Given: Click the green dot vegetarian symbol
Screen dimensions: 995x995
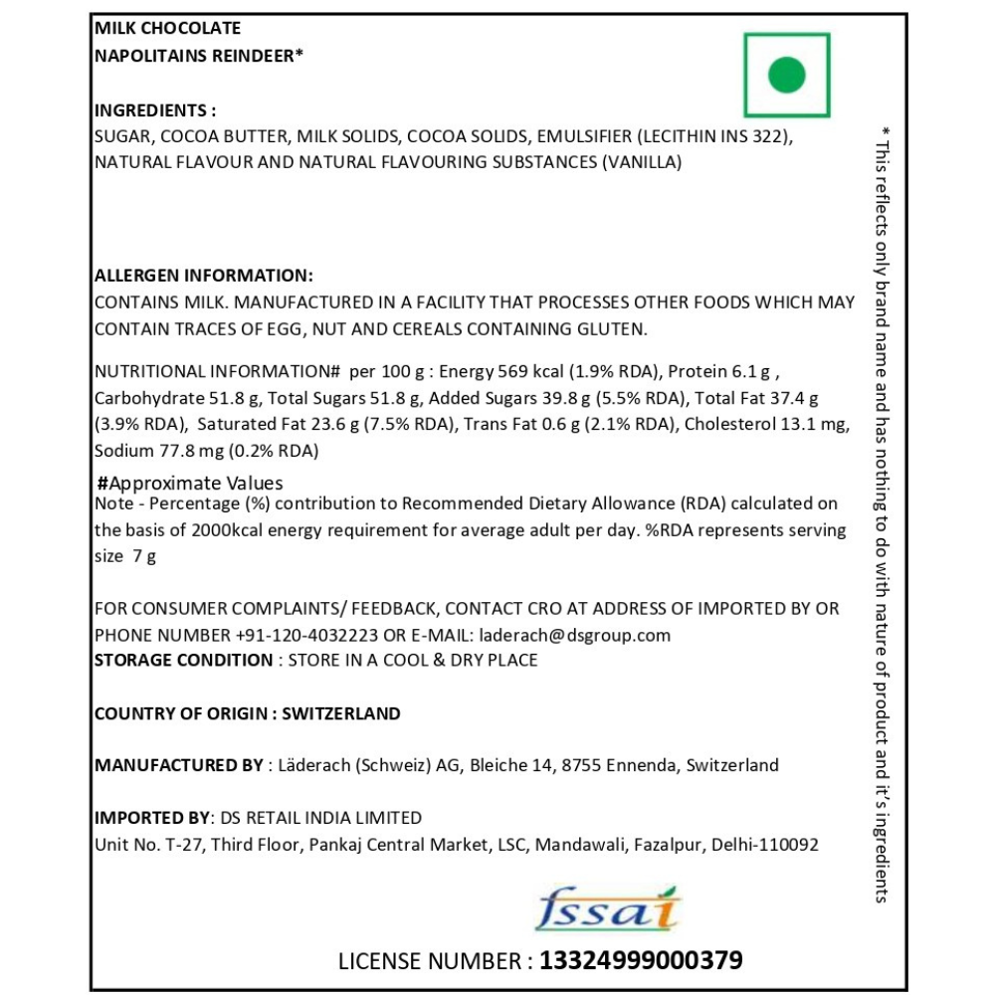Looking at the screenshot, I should pos(786,75).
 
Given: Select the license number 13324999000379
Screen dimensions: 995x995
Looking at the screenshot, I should pos(641,961).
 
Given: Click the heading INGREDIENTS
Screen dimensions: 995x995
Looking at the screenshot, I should pos(154,110).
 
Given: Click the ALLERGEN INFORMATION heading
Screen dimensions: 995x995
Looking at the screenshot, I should pos(203,276).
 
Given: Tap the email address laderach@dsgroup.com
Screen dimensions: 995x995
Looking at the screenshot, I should pos(574,635).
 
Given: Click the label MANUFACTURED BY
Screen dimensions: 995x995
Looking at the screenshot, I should pos(178,765).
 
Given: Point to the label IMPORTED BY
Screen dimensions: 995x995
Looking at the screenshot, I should pos(151,818).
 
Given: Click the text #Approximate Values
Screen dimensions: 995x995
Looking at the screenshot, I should pos(190,483).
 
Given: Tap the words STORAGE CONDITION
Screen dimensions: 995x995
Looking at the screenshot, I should pos(183,660).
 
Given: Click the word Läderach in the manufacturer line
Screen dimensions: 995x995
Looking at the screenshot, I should pos(312,765).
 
